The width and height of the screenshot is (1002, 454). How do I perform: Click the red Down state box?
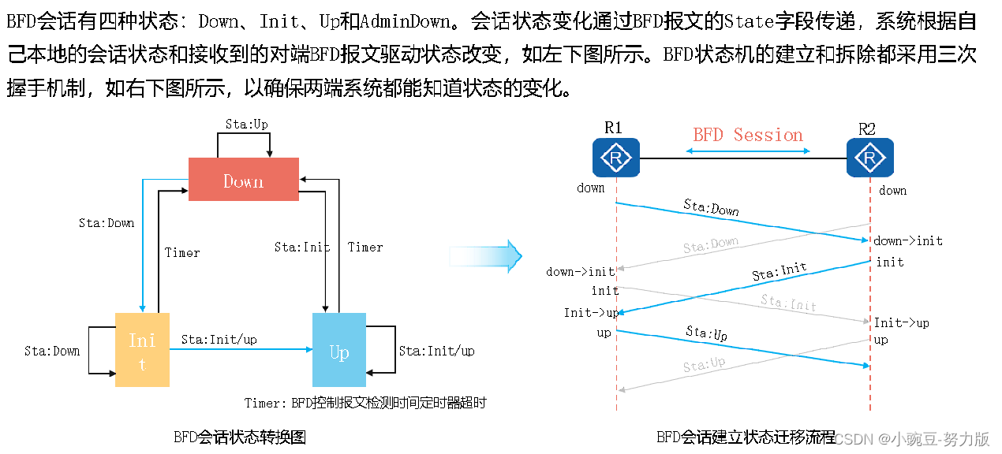tap(243, 180)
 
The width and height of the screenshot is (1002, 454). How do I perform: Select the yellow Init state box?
tap(142, 350)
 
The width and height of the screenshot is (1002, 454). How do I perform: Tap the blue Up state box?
tap(339, 350)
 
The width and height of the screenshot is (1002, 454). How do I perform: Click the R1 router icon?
tap(616, 158)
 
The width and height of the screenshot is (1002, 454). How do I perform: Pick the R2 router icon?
tap(869, 158)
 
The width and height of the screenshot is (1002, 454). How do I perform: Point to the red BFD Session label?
tap(748, 135)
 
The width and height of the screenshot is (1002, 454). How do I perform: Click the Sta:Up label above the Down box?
tap(247, 125)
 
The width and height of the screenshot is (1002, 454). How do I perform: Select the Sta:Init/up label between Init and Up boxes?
tap(219, 340)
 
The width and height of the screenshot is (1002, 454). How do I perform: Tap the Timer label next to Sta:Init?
tap(365, 247)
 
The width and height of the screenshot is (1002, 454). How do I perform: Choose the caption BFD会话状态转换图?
tap(239, 437)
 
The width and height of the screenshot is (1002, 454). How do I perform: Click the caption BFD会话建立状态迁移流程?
tap(746, 437)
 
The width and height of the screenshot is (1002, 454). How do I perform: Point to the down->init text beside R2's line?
tap(908, 240)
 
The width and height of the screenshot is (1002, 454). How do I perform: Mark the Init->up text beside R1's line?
tap(591, 313)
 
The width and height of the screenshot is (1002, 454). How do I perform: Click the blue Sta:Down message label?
tap(711, 207)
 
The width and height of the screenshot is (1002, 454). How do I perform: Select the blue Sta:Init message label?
tap(779, 272)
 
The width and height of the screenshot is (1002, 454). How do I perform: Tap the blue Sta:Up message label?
tap(706, 333)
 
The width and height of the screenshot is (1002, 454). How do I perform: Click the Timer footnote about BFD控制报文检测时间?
tap(365, 403)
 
